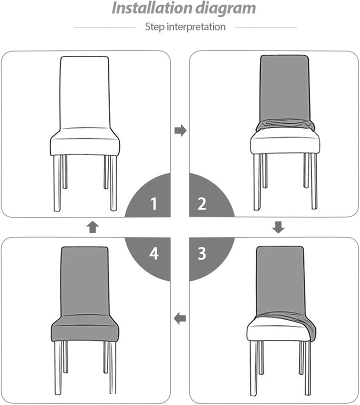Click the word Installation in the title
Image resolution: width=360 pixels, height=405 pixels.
pos(152,8)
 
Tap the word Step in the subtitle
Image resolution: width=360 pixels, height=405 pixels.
pos(154,27)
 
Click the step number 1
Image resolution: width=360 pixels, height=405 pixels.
pos(153,204)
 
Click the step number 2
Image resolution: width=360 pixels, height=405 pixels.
pos(201,204)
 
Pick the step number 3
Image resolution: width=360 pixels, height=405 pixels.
pos(202,253)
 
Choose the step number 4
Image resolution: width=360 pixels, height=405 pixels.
pos(154,253)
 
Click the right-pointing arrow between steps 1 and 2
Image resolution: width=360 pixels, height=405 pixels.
pos(180,130)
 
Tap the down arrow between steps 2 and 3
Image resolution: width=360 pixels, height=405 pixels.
pos(278,227)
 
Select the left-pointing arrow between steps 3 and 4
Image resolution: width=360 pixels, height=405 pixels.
pos(179,318)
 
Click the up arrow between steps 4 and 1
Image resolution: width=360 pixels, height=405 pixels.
pos(92,227)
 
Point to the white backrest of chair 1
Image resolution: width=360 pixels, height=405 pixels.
pos(85,92)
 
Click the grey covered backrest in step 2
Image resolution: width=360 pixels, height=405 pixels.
pos(284,88)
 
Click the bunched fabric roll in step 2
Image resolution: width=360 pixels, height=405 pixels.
pos(285,125)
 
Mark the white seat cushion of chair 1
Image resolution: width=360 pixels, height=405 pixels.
pos(85,141)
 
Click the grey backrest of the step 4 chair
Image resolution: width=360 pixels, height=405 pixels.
pos(85,281)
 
